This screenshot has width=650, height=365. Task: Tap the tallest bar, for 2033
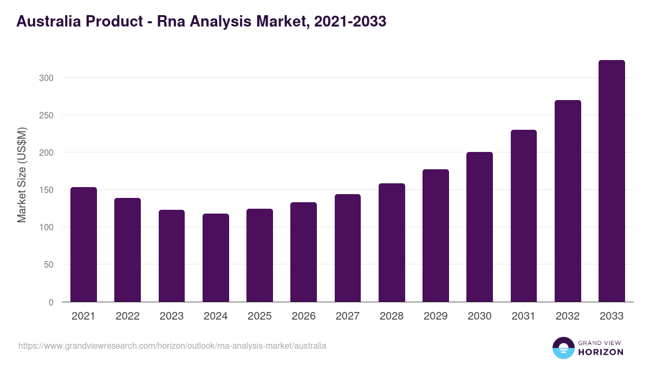pos(612,181)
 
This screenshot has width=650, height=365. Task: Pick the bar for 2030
pos(479,227)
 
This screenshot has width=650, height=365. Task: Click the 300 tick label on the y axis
pos(46,78)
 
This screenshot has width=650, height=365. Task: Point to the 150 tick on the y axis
pos(46,190)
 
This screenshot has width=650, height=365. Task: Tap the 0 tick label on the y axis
pos(51,302)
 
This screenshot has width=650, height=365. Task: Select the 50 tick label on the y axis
pos(48,265)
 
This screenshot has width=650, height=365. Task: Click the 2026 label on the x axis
pos(303,316)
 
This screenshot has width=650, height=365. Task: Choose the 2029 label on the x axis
pos(435,316)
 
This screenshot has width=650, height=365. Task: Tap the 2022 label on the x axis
pos(127,316)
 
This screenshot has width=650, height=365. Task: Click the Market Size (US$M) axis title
pos(22,174)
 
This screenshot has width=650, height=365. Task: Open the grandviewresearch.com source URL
pos(172,346)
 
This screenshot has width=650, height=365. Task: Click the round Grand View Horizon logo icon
pos(563,348)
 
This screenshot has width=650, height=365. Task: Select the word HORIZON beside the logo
pos(601,352)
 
